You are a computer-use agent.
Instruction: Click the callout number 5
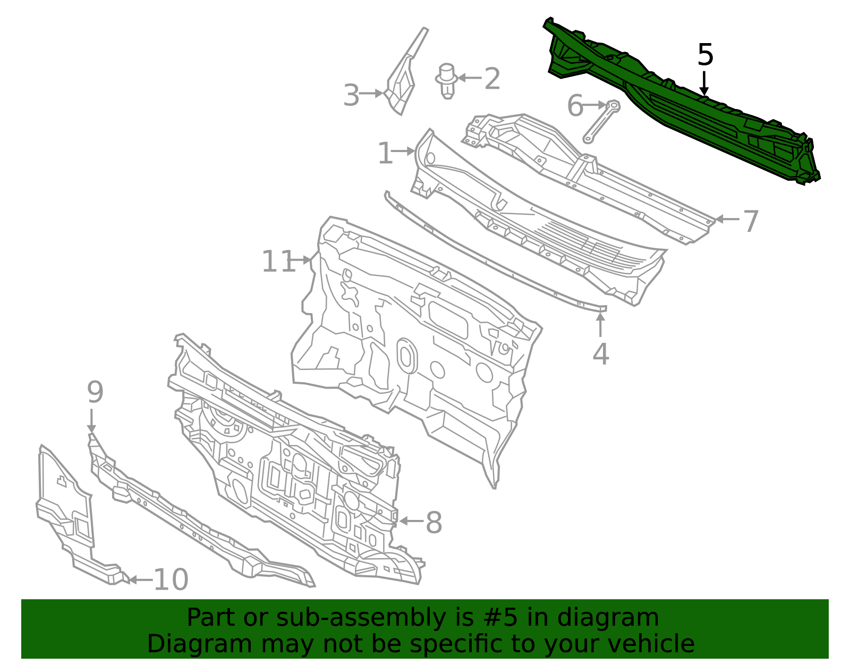point(705,55)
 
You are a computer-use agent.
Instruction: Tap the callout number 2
point(492,79)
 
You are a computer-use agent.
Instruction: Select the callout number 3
point(351,95)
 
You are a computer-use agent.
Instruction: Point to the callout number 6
point(575,106)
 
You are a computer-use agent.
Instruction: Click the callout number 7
point(751,222)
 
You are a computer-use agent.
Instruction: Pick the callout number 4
point(600,354)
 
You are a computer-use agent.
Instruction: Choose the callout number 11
point(278,262)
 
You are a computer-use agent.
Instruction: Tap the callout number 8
point(433,522)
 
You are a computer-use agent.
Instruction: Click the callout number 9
point(95,392)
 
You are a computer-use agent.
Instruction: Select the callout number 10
point(171,579)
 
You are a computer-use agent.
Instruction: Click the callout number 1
point(385,153)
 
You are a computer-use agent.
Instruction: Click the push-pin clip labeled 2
point(447,81)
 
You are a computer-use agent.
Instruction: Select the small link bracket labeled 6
point(601,122)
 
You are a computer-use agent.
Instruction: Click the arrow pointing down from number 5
point(704,83)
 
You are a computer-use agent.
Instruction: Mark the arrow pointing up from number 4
point(600,325)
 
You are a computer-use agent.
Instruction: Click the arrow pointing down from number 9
point(91,421)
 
